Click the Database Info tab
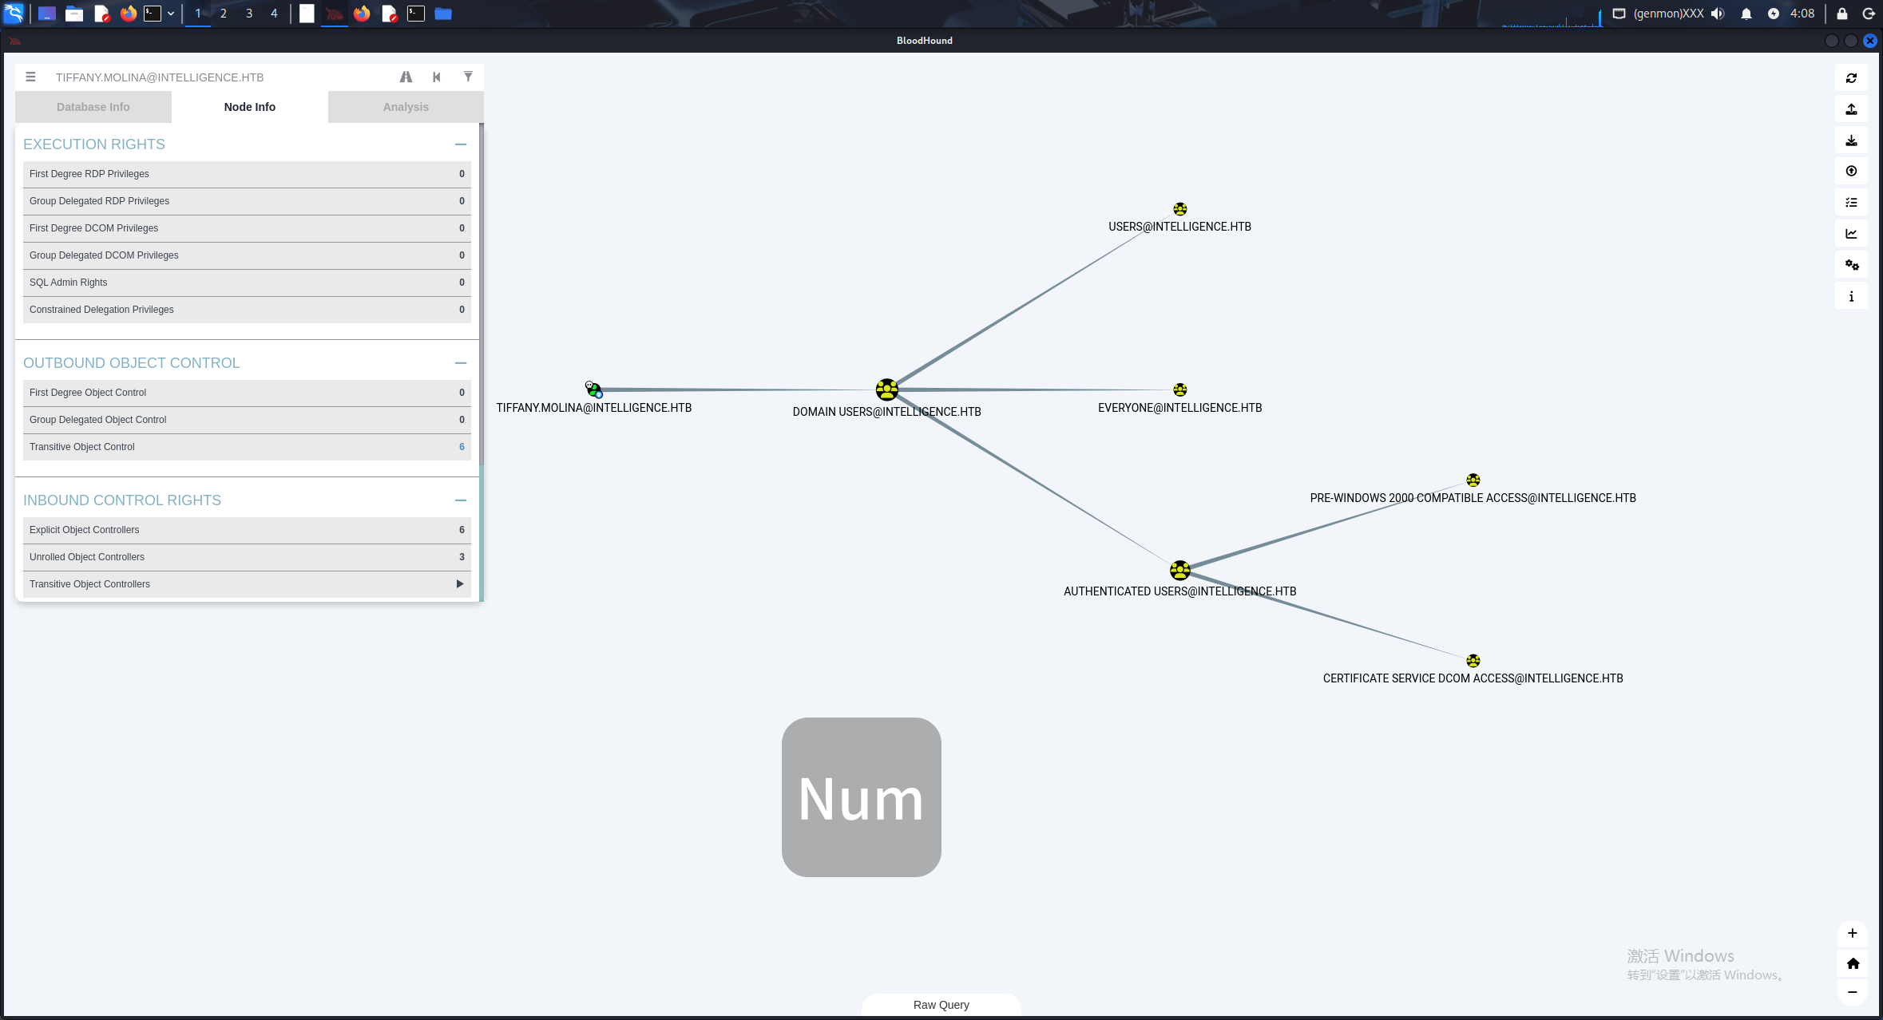pyautogui.click(x=93, y=107)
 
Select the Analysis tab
pyautogui.click(x=406, y=107)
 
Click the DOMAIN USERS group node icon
pyautogui.click(x=886, y=389)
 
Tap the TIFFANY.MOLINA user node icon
pyautogui.click(x=593, y=389)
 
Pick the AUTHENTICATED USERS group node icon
pyautogui.click(x=1179, y=570)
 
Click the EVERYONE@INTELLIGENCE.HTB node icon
pyautogui.click(x=1180, y=389)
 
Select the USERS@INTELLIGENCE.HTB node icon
pyautogui.click(x=1180, y=209)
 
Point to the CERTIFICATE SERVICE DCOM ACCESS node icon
pyautogui.click(x=1473, y=661)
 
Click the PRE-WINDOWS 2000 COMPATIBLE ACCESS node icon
pyautogui.click(x=1473, y=480)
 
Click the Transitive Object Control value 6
pyautogui.click(x=462, y=447)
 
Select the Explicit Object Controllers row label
pyautogui.click(x=85, y=530)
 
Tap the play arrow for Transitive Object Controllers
pyautogui.click(x=460, y=584)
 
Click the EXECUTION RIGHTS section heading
pyautogui.click(x=94, y=144)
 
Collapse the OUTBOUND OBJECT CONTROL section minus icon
pyautogui.click(x=461, y=363)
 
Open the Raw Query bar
pyautogui.click(x=941, y=1005)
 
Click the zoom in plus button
pyautogui.click(x=1853, y=933)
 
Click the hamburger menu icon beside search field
pyautogui.click(x=30, y=77)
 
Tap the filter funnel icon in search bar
pyautogui.click(x=468, y=77)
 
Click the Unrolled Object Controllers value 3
pyautogui.click(x=462, y=557)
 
